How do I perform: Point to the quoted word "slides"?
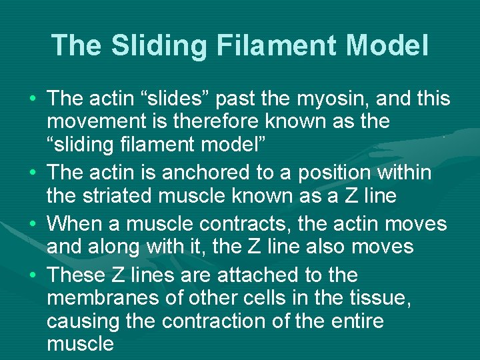193,99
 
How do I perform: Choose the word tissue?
373,297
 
